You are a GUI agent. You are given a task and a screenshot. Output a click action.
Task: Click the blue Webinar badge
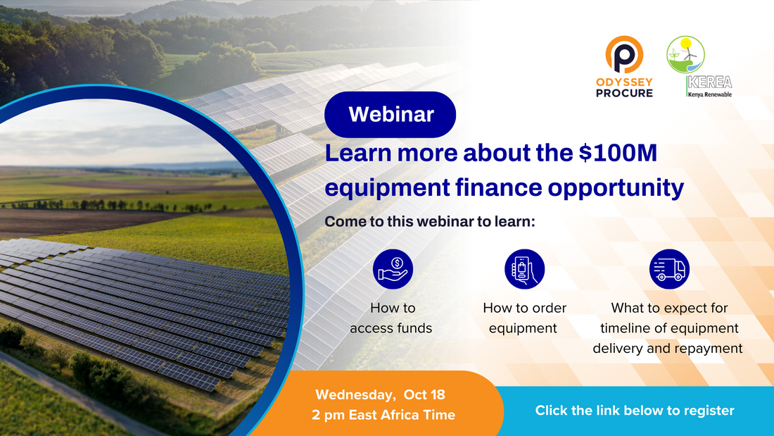tap(390, 114)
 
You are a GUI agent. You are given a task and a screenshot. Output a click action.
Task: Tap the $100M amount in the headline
tap(618, 153)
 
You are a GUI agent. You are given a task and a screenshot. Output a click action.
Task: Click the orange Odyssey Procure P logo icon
tap(624, 54)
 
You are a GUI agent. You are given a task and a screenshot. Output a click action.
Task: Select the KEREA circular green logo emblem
tap(685, 54)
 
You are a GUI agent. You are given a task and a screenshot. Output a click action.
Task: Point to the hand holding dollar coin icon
tap(393, 269)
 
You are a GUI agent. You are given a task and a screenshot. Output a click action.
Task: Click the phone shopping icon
tap(524, 269)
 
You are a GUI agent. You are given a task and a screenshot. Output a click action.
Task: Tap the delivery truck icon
tap(669, 269)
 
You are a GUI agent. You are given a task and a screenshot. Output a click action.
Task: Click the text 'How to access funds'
tap(391, 318)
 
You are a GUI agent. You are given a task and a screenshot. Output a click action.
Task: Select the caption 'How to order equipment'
tap(524, 318)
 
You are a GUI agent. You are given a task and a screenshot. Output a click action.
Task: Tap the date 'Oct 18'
tap(424, 394)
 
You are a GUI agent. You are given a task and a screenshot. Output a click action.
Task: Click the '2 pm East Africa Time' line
tap(383, 415)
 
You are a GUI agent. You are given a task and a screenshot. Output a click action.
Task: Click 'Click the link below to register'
tap(635, 411)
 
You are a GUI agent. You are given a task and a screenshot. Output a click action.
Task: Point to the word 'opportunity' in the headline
tap(616, 188)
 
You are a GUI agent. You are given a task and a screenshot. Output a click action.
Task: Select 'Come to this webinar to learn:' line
tap(430, 221)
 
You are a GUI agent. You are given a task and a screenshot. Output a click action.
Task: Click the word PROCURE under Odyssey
tap(624, 93)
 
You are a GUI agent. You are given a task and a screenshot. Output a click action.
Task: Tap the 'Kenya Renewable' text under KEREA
tap(711, 94)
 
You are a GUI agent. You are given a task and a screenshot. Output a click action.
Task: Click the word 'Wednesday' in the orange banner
tap(355, 395)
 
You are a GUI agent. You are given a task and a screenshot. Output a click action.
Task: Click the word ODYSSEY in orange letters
tap(624, 82)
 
